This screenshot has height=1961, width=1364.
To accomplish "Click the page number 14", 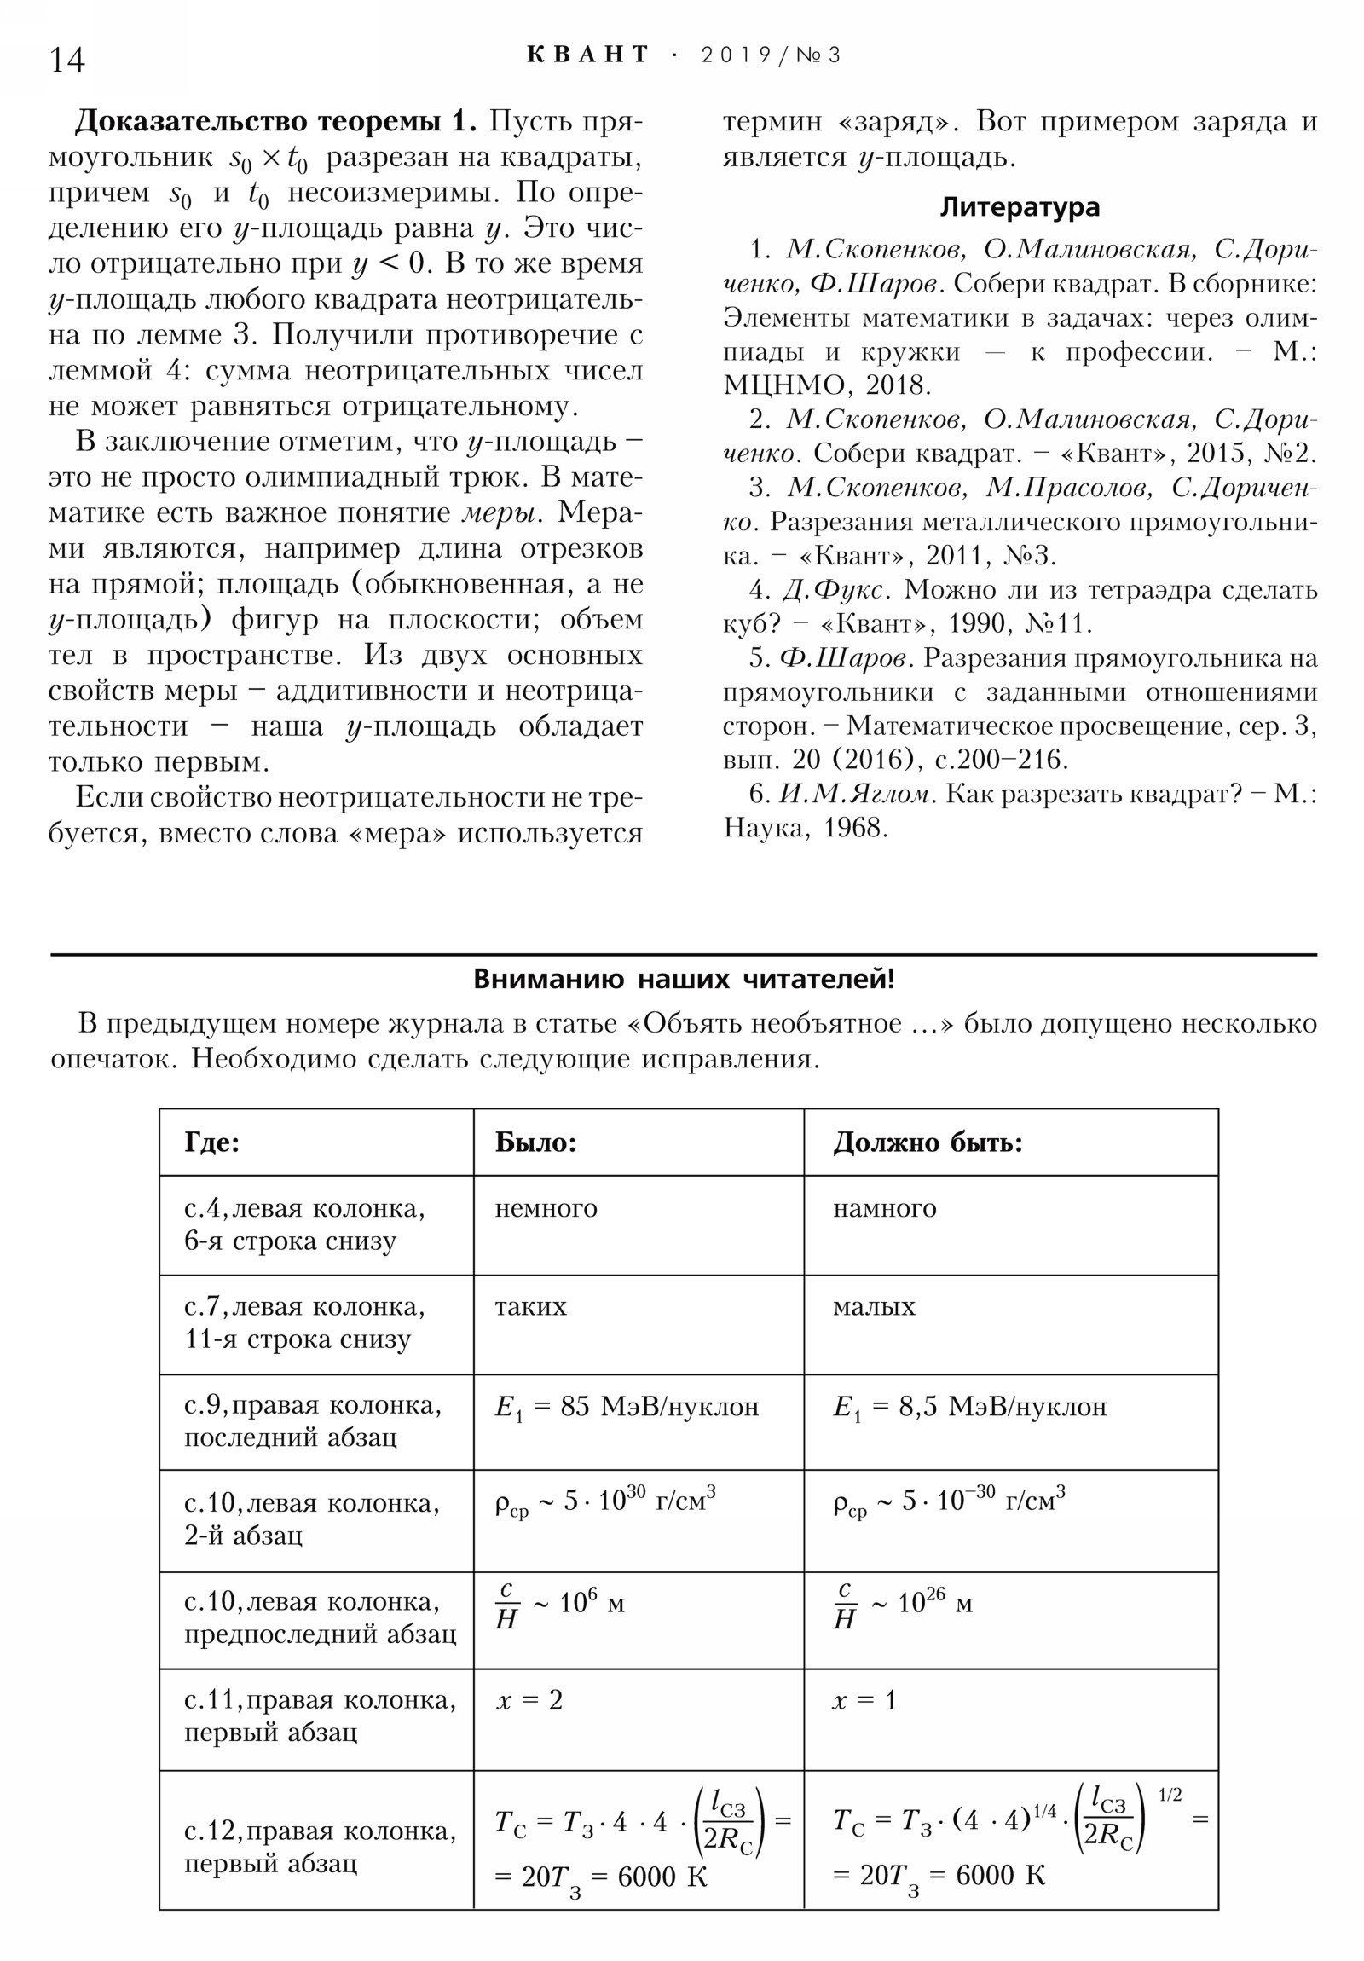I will click(x=66, y=60).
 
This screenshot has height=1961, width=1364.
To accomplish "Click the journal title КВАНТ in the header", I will click(x=588, y=55).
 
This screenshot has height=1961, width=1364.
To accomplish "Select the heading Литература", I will click(x=1019, y=207).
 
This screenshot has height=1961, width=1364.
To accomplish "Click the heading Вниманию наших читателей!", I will click(x=684, y=979).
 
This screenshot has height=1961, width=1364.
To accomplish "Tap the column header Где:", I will click(x=211, y=1142).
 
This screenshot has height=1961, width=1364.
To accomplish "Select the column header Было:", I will click(x=535, y=1142).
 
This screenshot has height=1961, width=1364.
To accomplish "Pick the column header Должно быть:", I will click(x=928, y=1142).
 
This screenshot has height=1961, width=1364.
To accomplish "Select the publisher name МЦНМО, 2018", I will click(x=827, y=385).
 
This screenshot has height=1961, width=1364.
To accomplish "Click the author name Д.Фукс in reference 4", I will click(x=837, y=590).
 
